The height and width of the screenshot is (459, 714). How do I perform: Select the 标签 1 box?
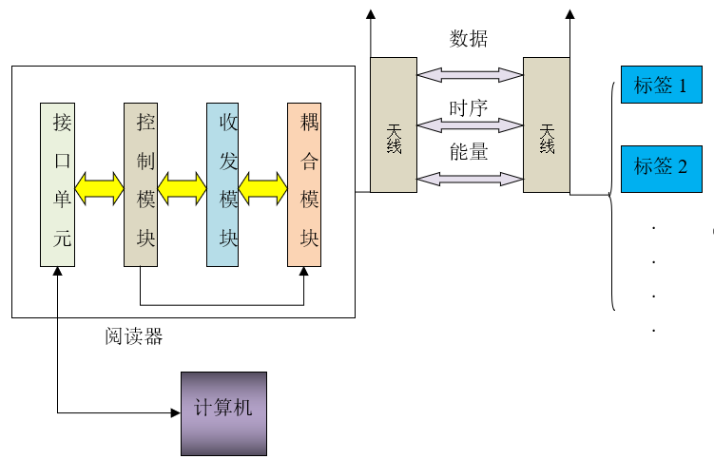click(x=661, y=86)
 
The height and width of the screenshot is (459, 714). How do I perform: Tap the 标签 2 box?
click(x=661, y=167)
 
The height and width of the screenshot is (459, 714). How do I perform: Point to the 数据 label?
click(x=468, y=39)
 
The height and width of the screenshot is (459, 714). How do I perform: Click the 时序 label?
click(x=468, y=107)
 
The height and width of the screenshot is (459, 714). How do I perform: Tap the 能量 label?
click(x=468, y=151)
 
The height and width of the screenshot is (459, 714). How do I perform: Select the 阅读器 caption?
click(x=133, y=335)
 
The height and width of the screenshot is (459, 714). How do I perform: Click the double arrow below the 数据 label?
click(x=469, y=74)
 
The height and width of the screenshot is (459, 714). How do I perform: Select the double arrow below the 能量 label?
click(x=469, y=178)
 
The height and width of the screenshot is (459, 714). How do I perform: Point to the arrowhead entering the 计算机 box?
click(x=175, y=412)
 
